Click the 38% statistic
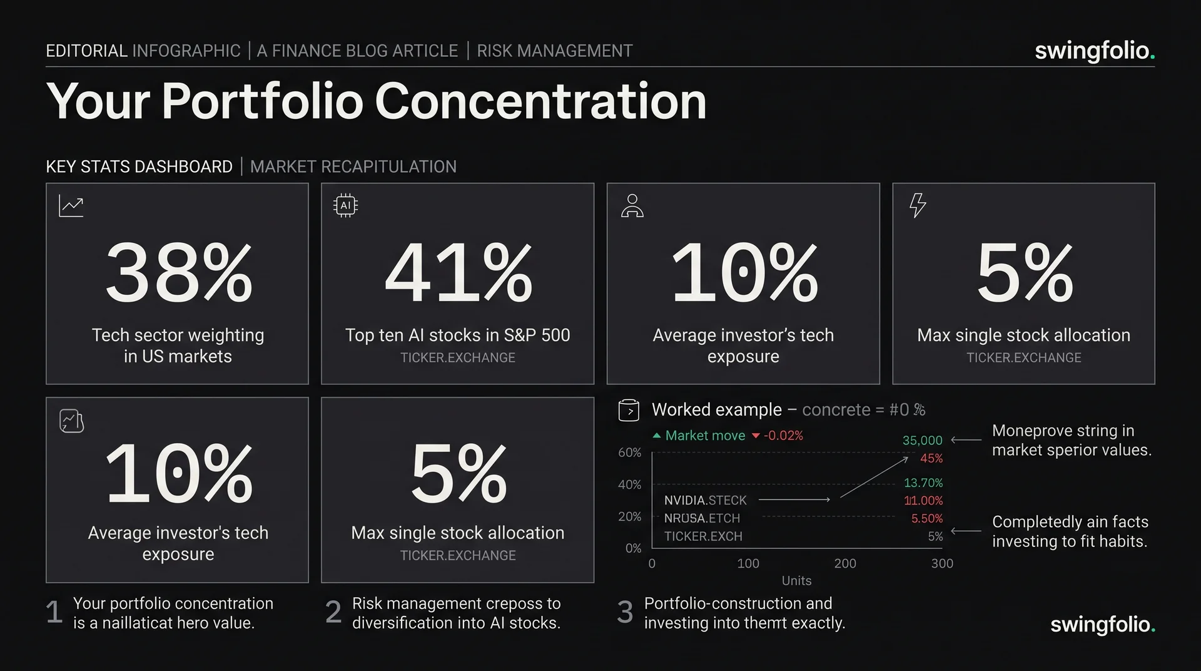click(x=179, y=273)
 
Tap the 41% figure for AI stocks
click(x=459, y=273)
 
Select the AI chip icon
click(x=345, y=205)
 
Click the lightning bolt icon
click(x=917, y=205)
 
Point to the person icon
click(x=632, y=205)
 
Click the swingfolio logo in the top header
click(x=1095, y=51)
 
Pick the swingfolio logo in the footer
click(x=1103, y=625)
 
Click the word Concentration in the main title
click(x=540, y=101)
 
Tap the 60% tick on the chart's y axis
click(x=629, y=452)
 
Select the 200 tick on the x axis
click(x=845, y=563)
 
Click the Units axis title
click(x=796, y=581)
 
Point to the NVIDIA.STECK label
click(x=706, y=500)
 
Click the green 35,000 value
click(x=922, y=441)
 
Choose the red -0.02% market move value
click(x=783, y=436)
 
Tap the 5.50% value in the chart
click(x=926, y=518)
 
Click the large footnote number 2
click(x=333, y=612)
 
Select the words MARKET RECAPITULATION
click(x=353, y=166)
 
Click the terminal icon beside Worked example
click(x=629, y=410)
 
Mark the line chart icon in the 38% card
click(x=71, y=206)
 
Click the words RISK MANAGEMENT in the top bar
click(x=555, y=51)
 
